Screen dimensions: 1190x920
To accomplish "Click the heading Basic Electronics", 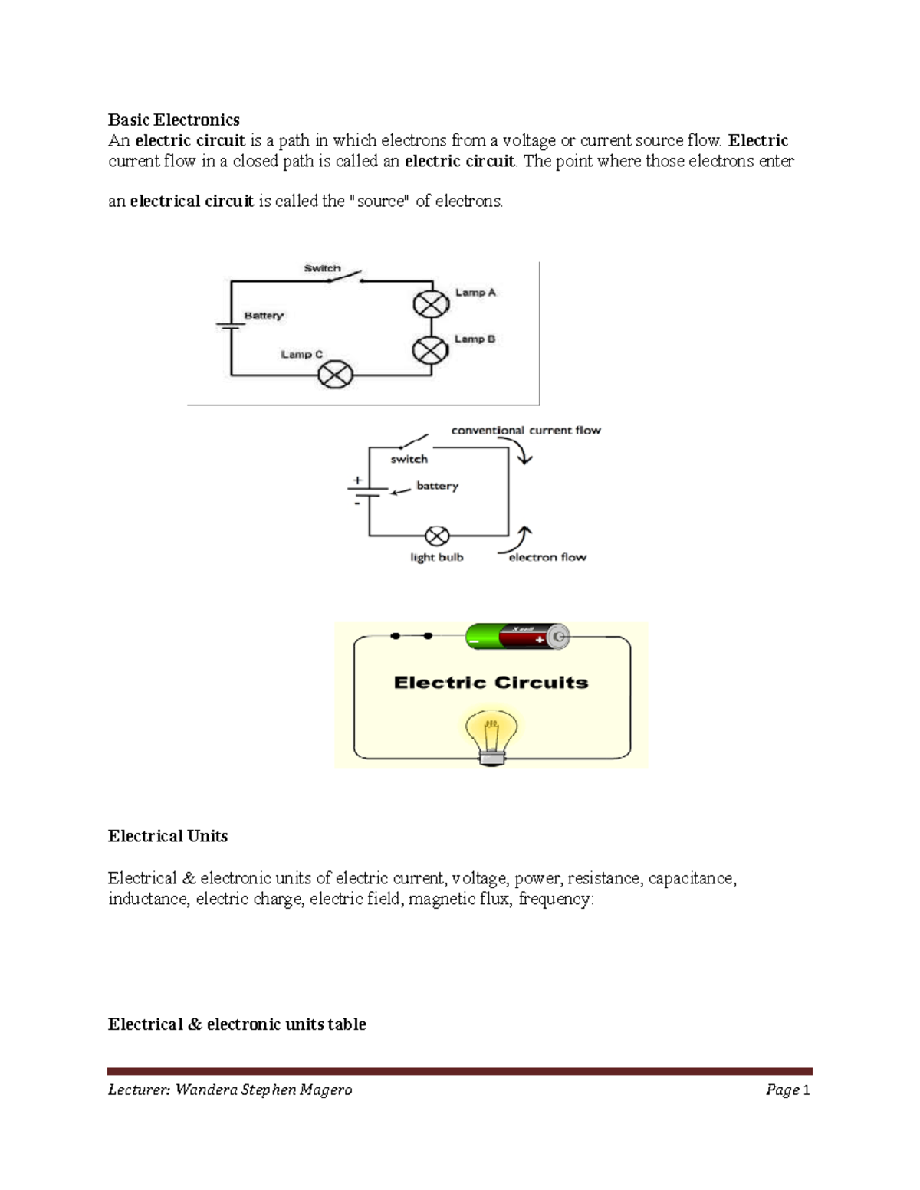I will click(x=173, y=120).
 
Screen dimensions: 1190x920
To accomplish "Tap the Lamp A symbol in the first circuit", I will click(x=431, y=304).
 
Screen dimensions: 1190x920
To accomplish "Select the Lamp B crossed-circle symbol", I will click(x=430, y=351).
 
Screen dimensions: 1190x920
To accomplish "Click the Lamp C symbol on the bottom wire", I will click(x=335, y=375).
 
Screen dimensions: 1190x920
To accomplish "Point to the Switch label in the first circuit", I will click(x=322, y=268).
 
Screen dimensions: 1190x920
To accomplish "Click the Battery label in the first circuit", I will click(x=264, y=316).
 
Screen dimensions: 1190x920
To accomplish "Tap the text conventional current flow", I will click(x=526, y=430).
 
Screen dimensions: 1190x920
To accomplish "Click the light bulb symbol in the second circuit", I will click(x=437, y=535).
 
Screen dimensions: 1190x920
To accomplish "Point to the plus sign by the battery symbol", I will click(x=357, y=480).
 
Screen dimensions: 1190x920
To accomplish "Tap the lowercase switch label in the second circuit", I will click(x=409, y=459).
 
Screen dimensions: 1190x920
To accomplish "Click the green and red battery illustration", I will click(x=517, y=637).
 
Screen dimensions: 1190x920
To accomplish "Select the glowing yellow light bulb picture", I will click(x=491, y=736).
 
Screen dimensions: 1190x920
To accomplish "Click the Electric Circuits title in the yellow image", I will click(x=491, y=683).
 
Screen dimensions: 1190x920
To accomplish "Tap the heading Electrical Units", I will click(x=168, y=836).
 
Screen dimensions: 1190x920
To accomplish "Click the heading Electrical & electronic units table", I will click(x=237, y=1024).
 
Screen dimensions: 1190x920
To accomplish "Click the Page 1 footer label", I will click(x=787, y=1090).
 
